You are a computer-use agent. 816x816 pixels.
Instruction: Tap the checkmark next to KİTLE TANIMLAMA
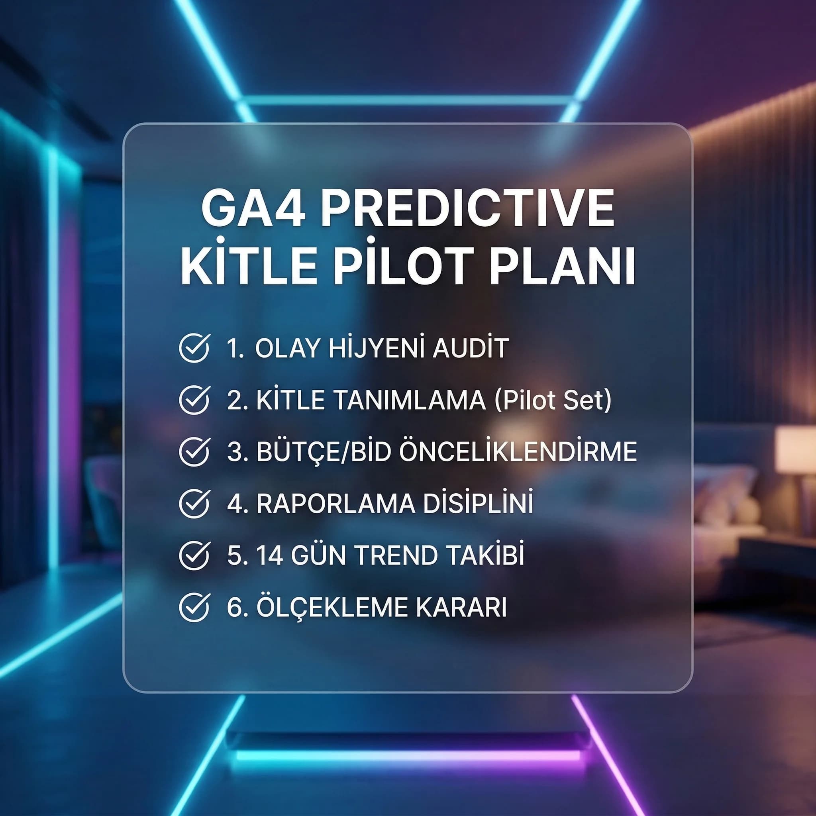click(x=194, y=400)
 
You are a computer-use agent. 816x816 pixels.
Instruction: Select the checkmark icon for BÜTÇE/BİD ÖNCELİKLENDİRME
click(x=194, y=451)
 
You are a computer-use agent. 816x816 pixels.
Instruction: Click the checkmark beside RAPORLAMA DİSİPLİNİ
click(x=194, y=504)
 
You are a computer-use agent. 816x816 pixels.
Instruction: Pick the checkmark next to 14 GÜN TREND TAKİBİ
click(x=194, y=555)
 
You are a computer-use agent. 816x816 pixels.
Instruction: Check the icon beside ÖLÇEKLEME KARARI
click(x=194, y=607)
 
